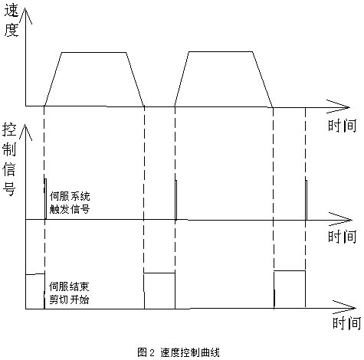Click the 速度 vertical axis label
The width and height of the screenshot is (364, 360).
11,21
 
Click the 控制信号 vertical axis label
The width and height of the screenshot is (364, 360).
9,159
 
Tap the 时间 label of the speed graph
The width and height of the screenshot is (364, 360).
342,126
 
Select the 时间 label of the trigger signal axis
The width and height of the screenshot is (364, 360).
342,237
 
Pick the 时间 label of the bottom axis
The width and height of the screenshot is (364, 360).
346,322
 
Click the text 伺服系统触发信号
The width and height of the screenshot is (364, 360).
70,203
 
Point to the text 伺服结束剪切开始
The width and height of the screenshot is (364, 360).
69,293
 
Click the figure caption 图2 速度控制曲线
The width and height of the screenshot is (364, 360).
179,352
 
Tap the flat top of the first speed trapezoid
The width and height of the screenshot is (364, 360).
94,53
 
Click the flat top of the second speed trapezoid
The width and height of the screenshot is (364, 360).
221,52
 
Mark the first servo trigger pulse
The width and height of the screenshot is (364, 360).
45,199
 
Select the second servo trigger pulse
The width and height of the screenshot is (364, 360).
175,200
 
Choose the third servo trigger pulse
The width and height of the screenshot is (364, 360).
306,200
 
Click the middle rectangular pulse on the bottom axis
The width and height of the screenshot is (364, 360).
159,273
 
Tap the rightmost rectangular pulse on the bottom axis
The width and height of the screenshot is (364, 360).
290,270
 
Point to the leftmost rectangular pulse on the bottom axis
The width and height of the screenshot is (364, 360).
35,274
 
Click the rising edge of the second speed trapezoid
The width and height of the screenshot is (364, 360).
182,79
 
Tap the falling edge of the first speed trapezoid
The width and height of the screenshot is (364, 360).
136,79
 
